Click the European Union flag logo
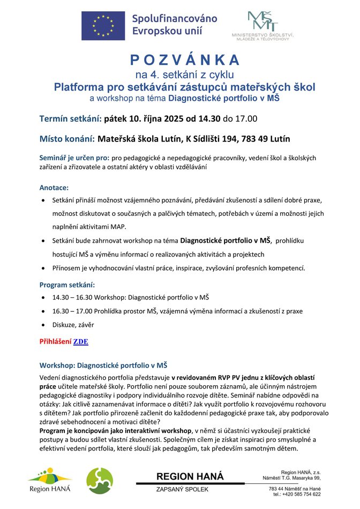(103, 25)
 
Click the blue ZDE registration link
(81, 341)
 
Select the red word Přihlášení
(55, 341)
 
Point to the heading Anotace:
(54, 188)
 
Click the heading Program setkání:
(67, 285)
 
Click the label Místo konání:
(67, 139)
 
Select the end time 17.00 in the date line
(246, 118)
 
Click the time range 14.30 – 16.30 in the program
(73, 297)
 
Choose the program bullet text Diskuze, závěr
(73, 325)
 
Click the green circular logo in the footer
(100, 480)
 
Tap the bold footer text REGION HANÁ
(190, 476)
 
